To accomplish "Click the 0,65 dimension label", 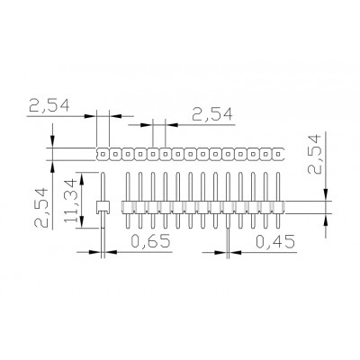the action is click(150, 241).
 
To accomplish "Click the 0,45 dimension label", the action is click(275, 241).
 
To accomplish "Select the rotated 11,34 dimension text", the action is click(71, 201).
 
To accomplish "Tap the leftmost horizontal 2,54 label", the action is click(49, 105).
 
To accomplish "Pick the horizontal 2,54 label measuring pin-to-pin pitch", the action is click(212, 114).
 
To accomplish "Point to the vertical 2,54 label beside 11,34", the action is click(41, 208).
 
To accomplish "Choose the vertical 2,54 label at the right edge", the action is click(314, 155).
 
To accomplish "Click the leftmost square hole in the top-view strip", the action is click(103, 154).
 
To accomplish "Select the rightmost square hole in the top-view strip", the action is click(278, 154).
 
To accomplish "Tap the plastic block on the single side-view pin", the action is click(103, 207).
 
